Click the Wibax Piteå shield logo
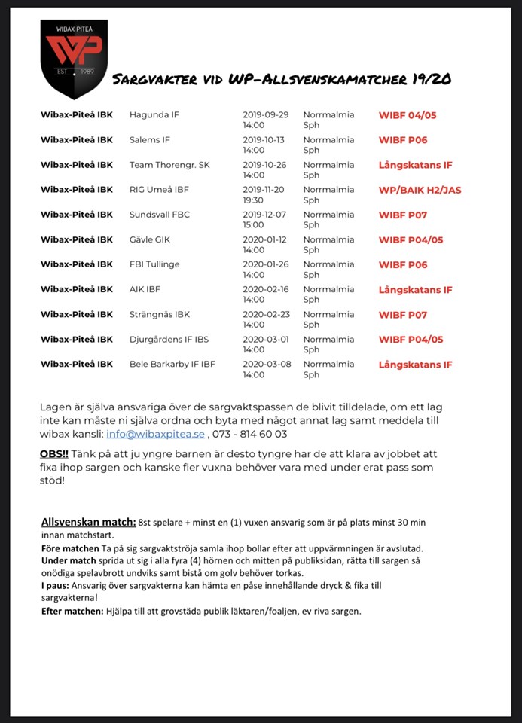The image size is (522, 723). coord(74,59)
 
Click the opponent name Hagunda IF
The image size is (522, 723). coord(154,116)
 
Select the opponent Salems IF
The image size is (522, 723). coord(150,141)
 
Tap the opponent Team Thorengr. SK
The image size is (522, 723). coord(169,166)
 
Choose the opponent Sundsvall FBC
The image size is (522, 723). coord(160,215)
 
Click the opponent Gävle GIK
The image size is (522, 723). coord(151,240)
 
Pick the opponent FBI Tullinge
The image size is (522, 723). coord(154,265)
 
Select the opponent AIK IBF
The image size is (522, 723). coord(145,290)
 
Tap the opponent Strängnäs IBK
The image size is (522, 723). coord(160,315)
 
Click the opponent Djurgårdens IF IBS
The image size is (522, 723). coord(169,340)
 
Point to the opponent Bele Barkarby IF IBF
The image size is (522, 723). coord(172,365)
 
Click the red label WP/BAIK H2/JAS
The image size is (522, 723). coord(420,191)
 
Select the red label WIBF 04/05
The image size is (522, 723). coord(408,116)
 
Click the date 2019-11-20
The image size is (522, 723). coord(265,190)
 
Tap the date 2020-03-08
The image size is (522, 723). coord(265,364)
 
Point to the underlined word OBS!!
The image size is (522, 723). coord(53,454)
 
